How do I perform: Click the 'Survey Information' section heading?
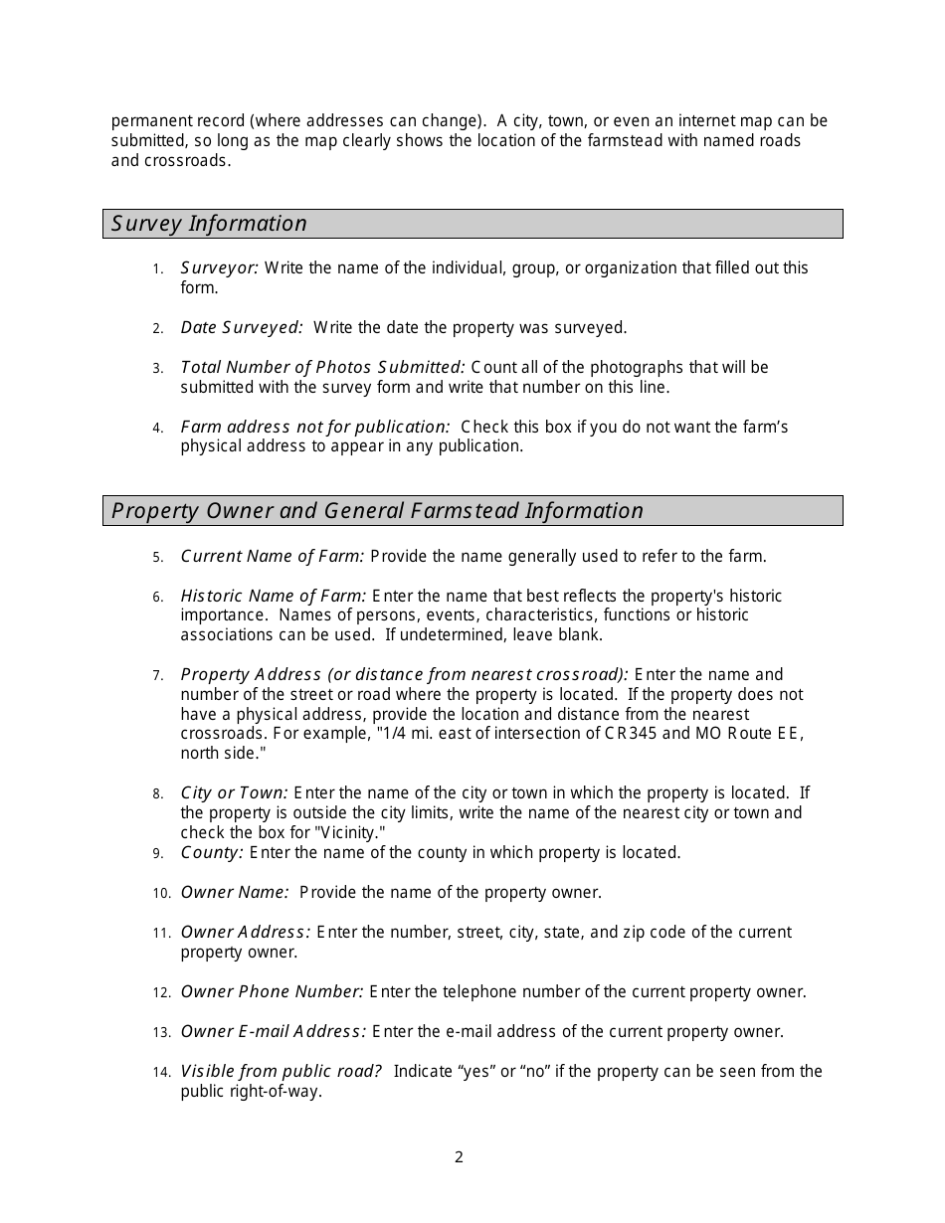(209, 224)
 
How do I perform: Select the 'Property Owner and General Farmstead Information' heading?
(377, 511)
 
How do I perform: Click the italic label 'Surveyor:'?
(220, 267)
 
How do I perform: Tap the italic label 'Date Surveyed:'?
(242, 327)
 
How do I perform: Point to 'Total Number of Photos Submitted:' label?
(322, 367)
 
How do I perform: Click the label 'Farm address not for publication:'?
(315, 427)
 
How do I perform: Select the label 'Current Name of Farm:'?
(273, 556)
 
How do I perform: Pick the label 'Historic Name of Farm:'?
(274, 596)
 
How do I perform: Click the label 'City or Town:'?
(234, 792)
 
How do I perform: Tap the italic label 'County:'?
(212, 852)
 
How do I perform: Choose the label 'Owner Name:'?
(235, 892)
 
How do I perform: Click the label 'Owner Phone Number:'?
(272, 991)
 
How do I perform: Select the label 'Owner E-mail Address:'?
(274, 1031)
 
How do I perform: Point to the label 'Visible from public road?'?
(282, 1071)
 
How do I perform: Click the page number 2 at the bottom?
(459, 1156)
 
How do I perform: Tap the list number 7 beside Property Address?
(157, 676)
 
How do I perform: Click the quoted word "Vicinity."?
(349, 832)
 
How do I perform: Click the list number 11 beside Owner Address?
(161, 933)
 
